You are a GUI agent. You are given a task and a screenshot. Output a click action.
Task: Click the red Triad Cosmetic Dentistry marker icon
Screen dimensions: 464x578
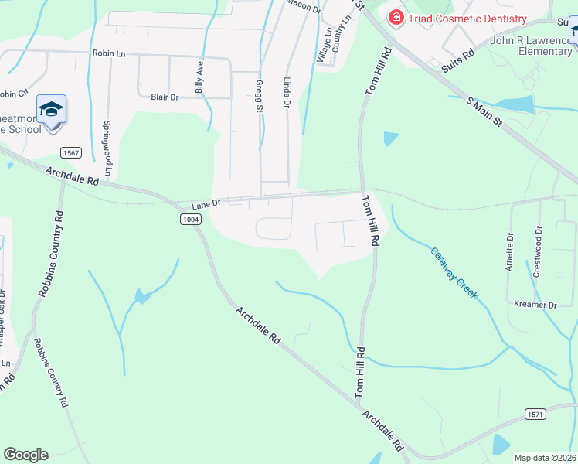396,18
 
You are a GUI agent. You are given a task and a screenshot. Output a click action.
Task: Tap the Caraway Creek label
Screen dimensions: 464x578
454,273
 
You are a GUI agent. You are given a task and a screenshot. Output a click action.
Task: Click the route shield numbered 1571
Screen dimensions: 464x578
535,415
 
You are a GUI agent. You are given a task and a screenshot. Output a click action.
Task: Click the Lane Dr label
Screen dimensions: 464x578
206,203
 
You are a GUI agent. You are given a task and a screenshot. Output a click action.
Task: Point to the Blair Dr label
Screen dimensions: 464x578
165,97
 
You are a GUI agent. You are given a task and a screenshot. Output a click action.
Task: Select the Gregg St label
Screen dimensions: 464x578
258,94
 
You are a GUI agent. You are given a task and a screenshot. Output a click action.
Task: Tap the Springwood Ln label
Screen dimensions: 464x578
107,146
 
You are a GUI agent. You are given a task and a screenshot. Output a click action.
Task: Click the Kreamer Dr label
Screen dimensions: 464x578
535,305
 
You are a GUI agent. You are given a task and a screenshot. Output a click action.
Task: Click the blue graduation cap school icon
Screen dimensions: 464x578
51,110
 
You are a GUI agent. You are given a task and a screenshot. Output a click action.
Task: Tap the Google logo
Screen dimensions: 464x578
25,455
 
